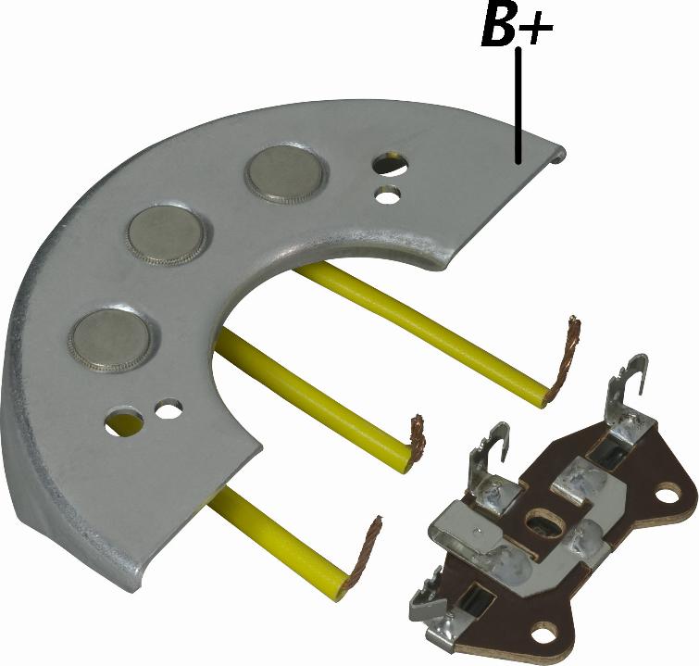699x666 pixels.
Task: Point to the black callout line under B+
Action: click(518, 106)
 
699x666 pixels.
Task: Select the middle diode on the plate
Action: click(168, 235)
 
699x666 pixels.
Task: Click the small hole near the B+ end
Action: click(388, 194)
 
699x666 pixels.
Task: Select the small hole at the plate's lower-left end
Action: click(169, 408)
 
